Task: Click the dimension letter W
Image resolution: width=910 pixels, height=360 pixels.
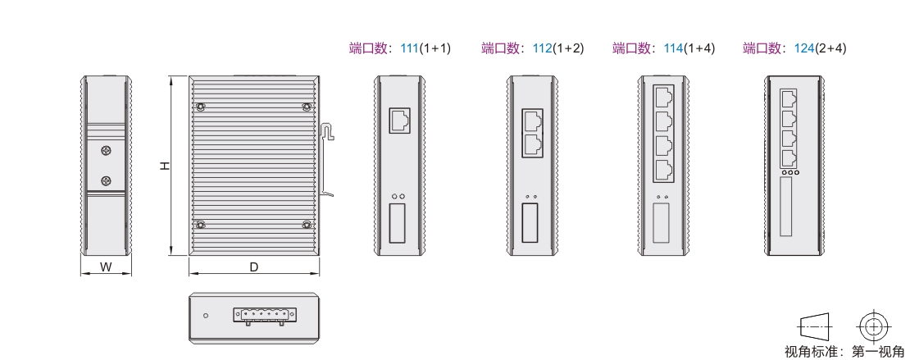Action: click(106, 267)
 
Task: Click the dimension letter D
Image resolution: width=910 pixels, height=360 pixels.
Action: click(253, 267)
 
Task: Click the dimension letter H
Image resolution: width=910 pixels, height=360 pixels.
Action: click(166, 166)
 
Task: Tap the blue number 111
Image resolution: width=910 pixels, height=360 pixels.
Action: click(409, 48)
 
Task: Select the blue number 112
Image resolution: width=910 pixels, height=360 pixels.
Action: click(542, 48)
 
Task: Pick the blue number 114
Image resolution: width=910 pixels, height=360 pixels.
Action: click(673, 48)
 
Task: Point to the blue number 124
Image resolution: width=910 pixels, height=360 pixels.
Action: click(803, 48)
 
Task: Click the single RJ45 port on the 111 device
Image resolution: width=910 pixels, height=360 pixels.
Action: click(399, 121)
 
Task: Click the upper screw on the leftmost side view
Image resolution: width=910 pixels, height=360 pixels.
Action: click(107, 151)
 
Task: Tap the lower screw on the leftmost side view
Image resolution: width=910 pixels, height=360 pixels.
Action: click(107, 181)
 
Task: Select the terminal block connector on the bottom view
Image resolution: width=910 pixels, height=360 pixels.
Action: click(266, 315)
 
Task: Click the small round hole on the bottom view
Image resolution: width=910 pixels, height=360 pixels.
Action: click(206, 316)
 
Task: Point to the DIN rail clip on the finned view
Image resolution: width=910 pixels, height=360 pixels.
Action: click(327, 160)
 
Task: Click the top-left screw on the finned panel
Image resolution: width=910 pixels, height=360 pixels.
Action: click(200, 107)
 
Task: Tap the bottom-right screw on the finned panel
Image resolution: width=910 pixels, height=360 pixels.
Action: click(307, 225)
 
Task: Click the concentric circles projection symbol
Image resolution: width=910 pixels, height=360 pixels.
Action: click(874, 327)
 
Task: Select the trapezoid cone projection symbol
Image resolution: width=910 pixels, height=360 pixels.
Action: click(815, 327)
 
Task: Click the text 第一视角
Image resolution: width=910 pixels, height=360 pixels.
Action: click(877, 352)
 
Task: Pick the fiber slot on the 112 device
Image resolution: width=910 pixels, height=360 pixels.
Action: click(530, 222)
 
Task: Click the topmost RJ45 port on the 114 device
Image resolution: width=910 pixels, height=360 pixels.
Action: click(663, 97)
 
